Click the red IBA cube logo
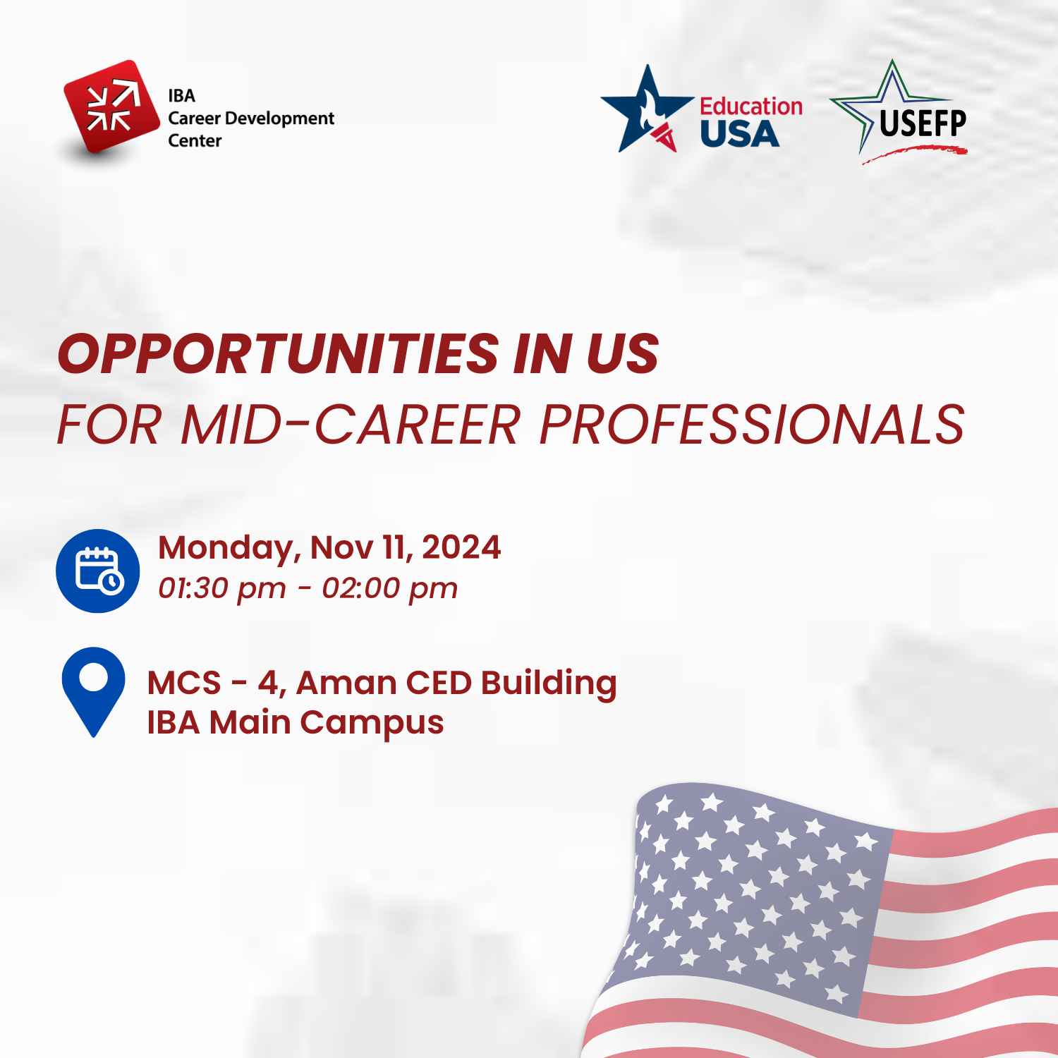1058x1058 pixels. point(111,107)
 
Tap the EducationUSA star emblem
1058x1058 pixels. point(647,109)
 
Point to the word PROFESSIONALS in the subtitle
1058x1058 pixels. point(752,425)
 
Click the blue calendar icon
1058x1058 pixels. point(97,571)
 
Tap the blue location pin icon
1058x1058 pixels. point(93,692)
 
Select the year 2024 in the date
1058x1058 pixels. point(461,547)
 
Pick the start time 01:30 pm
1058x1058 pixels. point(222,588)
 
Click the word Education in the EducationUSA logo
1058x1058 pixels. point(751,107)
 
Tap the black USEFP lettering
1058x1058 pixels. point(923,124)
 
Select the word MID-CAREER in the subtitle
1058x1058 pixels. point(350,425)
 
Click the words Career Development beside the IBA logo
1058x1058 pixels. point(251,118)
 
